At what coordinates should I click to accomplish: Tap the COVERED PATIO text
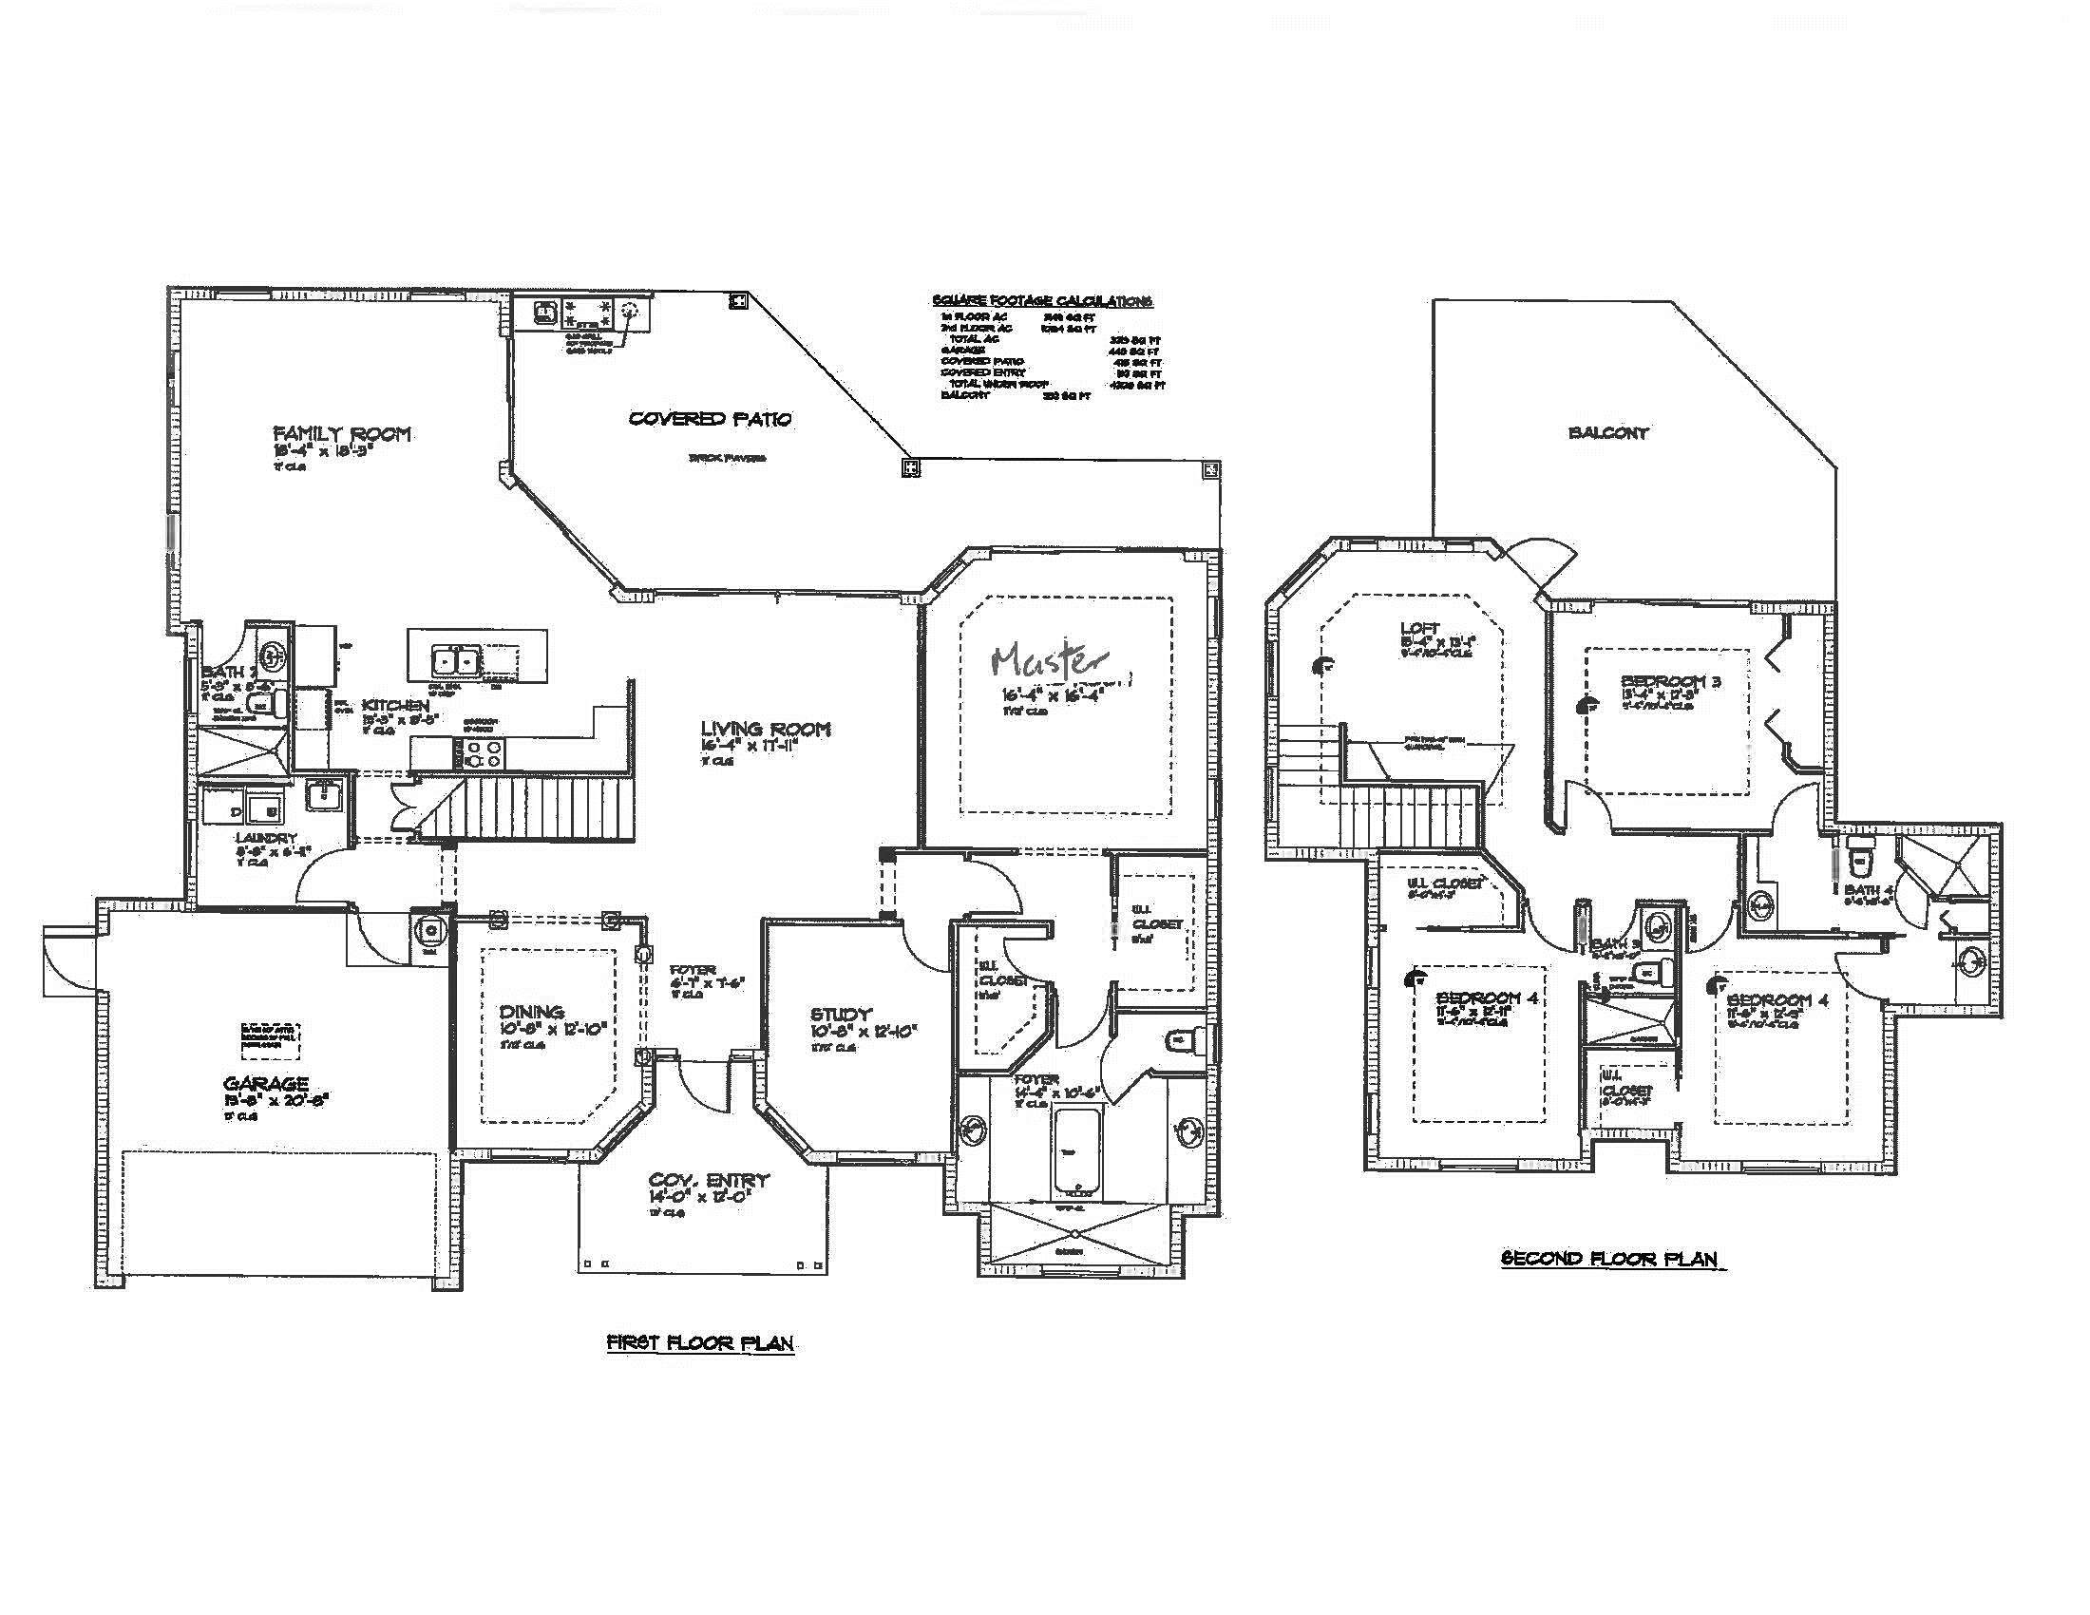(710, 418)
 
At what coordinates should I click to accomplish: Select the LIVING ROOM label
(765, 729)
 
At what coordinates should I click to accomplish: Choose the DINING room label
(531, 1012)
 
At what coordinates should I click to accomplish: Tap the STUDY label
(840, 1015)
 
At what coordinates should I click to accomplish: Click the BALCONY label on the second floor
(1608, 432)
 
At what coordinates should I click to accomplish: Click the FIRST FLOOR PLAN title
(700, 1343)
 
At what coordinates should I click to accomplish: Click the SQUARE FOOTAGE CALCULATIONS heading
(1041, 300)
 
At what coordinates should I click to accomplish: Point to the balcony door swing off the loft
(1539, 559)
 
